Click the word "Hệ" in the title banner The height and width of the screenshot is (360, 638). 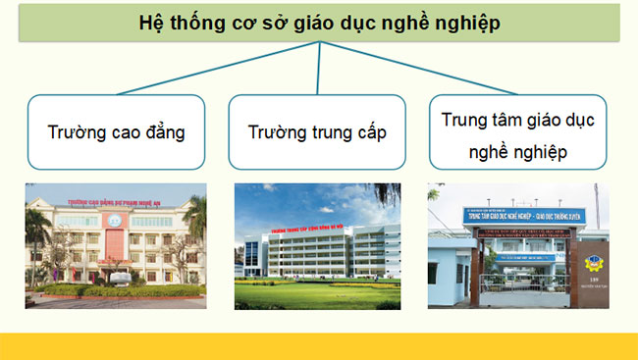click(153, 23)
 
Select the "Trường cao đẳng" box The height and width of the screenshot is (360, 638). click(116, 130)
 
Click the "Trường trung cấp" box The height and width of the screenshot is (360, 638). click(316, 130)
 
